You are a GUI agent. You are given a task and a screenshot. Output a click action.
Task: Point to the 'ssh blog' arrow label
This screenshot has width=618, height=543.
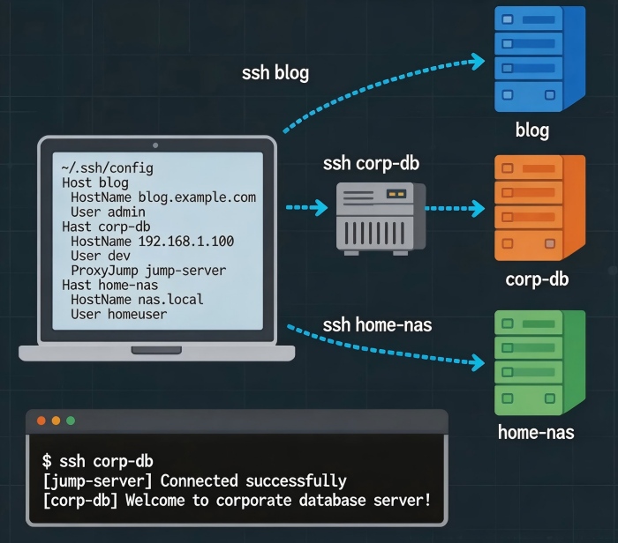click(x=275, y=73)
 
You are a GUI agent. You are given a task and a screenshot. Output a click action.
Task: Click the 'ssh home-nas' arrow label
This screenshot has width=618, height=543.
click(x=377, y=324)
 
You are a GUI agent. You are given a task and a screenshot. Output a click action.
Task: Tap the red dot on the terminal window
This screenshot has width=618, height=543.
click(x=41, y=421)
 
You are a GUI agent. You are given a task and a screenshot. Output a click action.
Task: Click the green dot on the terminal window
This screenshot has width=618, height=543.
click(x=71, y=421)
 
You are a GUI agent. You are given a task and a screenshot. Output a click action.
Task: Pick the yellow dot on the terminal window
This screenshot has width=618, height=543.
click(x=56, y=421)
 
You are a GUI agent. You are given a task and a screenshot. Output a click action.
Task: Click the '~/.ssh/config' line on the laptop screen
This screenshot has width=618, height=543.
click(x=107, y=167)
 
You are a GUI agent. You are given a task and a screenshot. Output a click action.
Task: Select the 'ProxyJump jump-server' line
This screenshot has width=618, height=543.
click(x=148, y=270)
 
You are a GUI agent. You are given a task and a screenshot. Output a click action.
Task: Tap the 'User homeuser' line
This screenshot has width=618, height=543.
click(x=118, y=314)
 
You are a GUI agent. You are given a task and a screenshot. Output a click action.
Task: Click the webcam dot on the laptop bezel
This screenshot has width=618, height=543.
click(x=155, y=144)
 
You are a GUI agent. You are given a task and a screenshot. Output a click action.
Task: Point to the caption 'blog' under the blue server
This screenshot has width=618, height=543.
click(x=532, y=131)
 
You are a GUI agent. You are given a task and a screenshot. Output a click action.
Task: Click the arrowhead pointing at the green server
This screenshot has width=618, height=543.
click(x=479, y=361)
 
